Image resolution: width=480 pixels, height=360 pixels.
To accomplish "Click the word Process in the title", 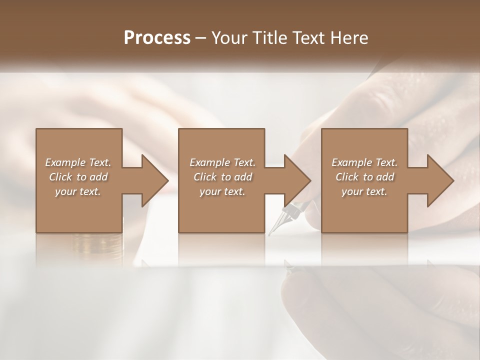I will (157, 38).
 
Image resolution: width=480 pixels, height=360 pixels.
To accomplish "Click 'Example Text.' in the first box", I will (78, 162).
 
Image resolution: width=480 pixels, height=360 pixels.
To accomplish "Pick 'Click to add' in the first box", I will (78, 177).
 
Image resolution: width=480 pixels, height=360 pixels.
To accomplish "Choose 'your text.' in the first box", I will (78, 191).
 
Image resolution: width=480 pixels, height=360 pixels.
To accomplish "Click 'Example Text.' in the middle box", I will (222, 162).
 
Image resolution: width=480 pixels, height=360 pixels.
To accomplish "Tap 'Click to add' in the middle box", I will (222, 177).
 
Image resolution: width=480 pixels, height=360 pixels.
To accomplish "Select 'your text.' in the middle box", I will (222, 191).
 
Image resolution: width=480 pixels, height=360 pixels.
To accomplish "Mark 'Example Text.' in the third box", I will (364, 162).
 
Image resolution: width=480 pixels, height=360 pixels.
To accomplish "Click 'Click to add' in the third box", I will (364, 177).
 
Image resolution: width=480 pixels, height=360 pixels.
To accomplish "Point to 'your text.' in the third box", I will (364, 191).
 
